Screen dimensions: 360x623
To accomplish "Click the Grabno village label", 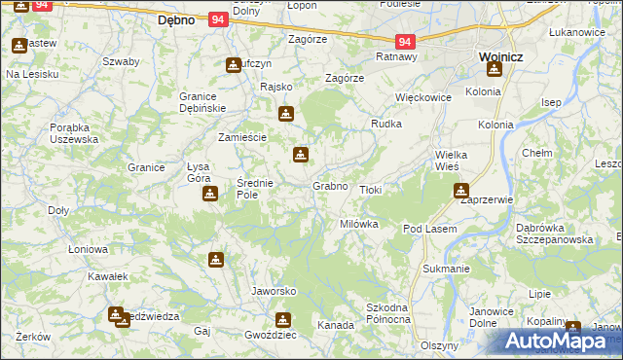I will point(330,185).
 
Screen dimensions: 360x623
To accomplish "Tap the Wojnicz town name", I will point(501,57).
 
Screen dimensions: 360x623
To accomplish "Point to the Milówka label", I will point(358,224).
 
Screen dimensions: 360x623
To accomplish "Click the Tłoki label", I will point(371,190).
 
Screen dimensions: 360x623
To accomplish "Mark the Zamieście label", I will point(242,137).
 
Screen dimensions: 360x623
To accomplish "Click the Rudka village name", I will point(386,124).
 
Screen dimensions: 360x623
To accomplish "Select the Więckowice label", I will point(424,97).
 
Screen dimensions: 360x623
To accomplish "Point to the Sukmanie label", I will point(447,267).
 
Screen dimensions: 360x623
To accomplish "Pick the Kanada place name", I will point(336,325).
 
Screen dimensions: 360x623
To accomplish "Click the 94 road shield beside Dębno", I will point(218,19).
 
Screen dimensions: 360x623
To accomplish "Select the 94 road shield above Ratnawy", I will point(406,42).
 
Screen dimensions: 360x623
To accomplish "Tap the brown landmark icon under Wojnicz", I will point(494,70).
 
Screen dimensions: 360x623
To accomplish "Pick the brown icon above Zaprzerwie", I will point(460,191).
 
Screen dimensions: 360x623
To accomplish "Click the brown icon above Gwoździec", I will point(283,319).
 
